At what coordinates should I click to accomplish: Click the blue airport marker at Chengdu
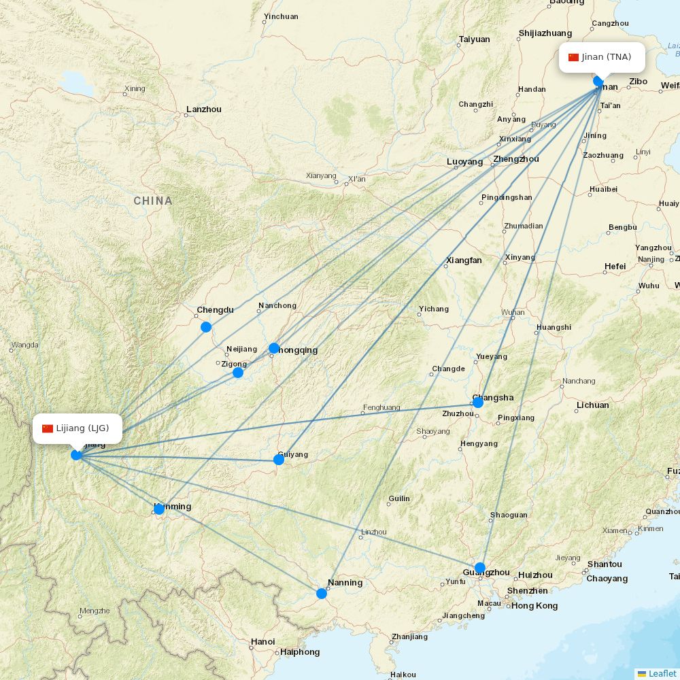tap(206, 327)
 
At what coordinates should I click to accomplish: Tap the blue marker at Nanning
tap(322, 594)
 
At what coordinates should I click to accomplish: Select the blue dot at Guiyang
tap(279, 460)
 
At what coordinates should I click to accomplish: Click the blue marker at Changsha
tap(478, 402)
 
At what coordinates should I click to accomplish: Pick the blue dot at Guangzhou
tap(480, 568)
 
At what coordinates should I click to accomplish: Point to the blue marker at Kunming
tap(159, 509)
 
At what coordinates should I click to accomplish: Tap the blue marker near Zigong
tap(238, 373)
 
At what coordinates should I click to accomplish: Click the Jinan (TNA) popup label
tap(602, 57)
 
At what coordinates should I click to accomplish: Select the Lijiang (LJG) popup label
tap(77, 428)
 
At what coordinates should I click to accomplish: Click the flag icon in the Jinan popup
tap(573, 57)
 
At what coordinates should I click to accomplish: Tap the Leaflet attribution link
tap(662, 673)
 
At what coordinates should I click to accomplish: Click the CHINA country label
tap(153, 201)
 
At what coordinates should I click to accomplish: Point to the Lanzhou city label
tap(204, 109)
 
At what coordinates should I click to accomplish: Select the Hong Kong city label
tap(534, 606)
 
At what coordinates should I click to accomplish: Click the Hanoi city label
tap(262, 641)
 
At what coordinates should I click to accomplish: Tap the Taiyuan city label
tap(474, 39)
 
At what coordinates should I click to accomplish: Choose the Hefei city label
tap(615, 267)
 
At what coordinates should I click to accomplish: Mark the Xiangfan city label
tap(464, 260)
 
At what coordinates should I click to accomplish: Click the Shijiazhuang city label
tap(545, 33)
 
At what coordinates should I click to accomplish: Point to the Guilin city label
tap(399, 498)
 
